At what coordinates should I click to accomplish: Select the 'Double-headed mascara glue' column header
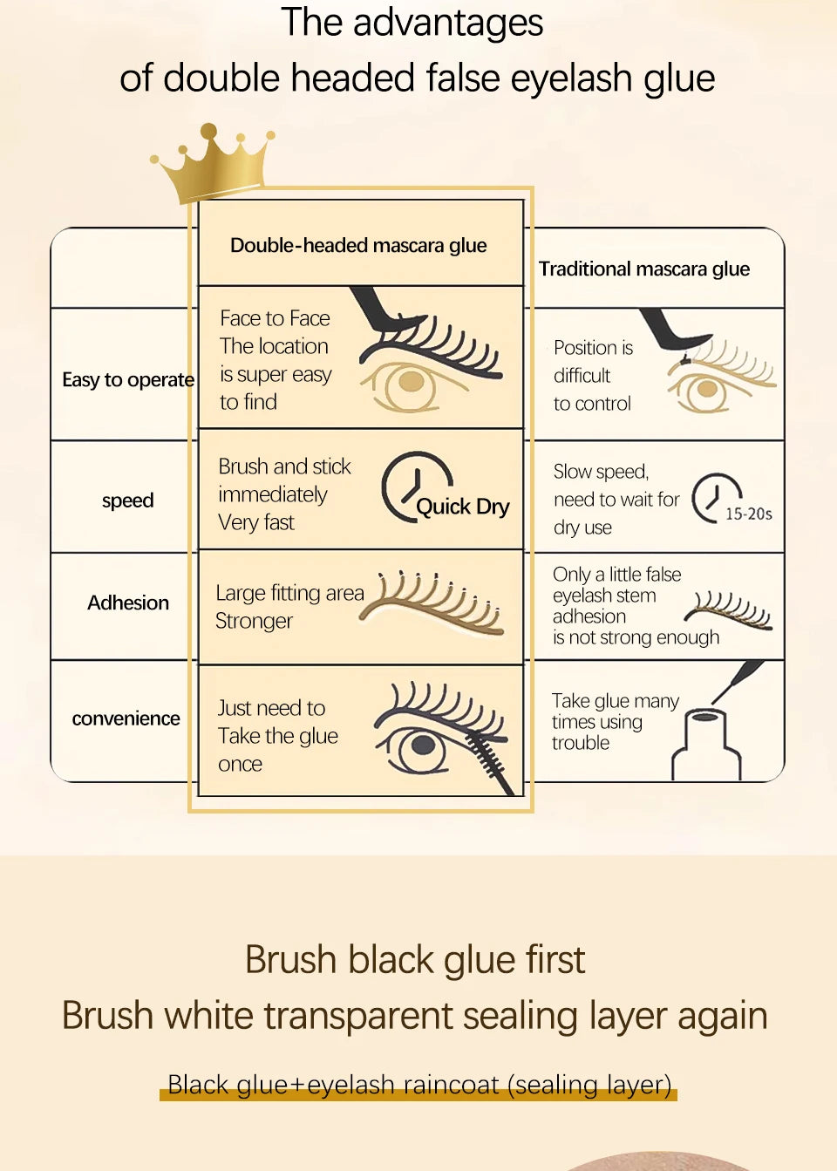358,245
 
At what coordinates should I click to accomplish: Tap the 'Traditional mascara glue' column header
643,269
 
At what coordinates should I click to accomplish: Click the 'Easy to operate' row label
127,379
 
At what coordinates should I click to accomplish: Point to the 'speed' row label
127,500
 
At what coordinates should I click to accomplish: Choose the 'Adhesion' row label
128,603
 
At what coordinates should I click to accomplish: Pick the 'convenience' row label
126,718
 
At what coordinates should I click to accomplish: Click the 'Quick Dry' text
462,507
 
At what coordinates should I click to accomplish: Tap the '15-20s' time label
748,514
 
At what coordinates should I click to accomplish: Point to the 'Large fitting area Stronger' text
289,607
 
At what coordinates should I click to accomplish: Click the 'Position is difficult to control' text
593,375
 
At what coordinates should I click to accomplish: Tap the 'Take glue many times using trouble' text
614,722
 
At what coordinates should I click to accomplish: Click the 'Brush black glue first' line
414,959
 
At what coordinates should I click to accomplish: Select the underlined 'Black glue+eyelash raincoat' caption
418,1085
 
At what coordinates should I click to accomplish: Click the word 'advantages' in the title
447,23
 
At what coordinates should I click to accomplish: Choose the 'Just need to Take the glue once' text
276,736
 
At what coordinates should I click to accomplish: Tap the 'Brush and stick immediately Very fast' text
283,494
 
